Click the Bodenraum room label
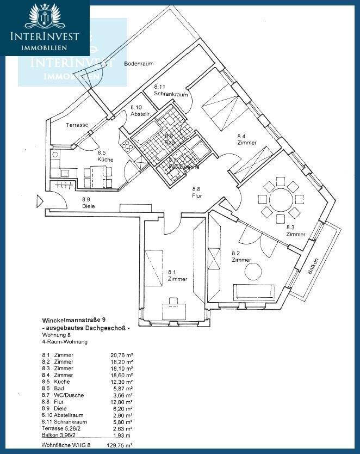click(139, 64)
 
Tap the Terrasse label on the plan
click(77, 125)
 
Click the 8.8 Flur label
click(197, 192)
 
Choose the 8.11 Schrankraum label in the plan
click(171, 90)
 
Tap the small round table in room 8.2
click(253, 271)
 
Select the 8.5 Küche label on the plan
click(105, 156)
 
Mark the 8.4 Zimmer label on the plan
click(246, 139)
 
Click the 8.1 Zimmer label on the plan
click(177, 275)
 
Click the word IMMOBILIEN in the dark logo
click(44, 48)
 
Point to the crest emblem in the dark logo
click(44, 16)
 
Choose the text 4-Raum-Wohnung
click(65, 342)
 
